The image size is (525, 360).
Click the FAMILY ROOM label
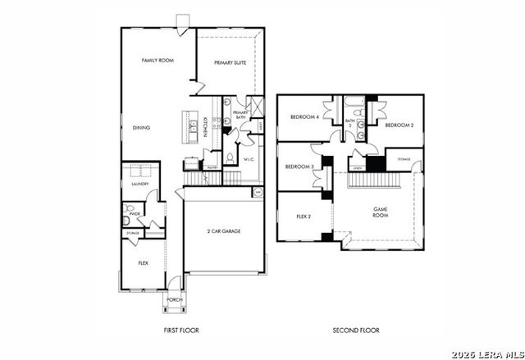pyautogui.click(x=157, y=61)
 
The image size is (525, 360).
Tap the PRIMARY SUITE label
pyautogui.click(x=231, y=62)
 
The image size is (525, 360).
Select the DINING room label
pyautogui.click(x=141, y=128)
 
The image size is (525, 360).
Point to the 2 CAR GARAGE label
pyautogui.click(x=224, y=231)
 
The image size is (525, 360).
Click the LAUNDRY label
pyautogui.click(x=139, y=184)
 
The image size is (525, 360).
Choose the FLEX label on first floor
pyautogui.click(x=143, y=263)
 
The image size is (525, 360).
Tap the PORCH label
pyautogui.click(x=174, y=300)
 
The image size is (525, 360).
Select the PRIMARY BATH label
pyautogui.click(x=240, y=115)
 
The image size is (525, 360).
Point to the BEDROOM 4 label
pyautogui.click(x=304, y=116)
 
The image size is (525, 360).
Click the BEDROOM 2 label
pyautogui.click(x=399, y=125)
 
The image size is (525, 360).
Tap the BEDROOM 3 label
pyautogui.click(x=299, y=166)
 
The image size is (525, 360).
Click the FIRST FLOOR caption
pyautogui.click(x=181, y=330)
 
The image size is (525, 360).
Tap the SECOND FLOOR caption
pyautogui.click(x=356, y=330)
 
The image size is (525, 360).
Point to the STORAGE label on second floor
pyautogui.click(x=404, y=158)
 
